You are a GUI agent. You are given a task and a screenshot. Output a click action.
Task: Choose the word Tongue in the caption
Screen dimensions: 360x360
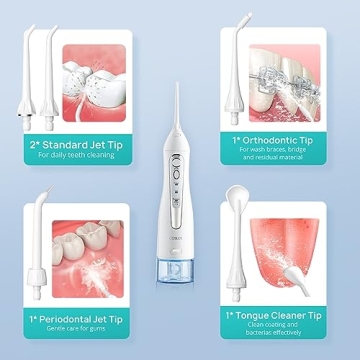272,315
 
